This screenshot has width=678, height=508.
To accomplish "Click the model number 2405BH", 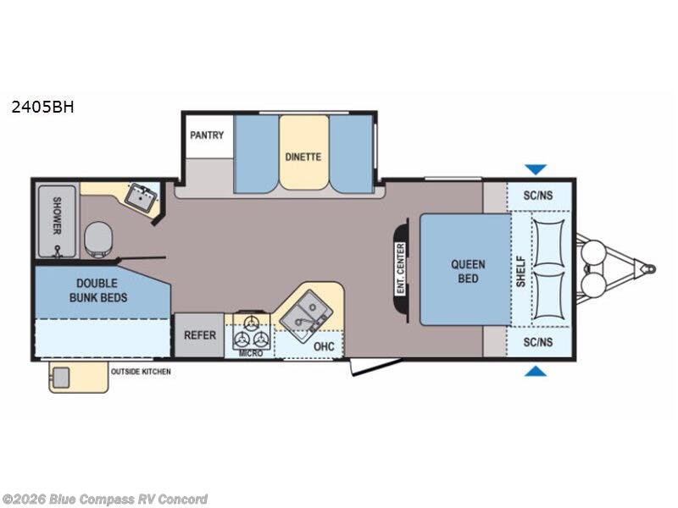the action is click(x=43, y=107).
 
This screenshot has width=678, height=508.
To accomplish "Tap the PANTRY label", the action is click(x=207, y=135).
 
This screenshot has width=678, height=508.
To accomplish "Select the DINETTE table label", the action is click(x=303, y=157).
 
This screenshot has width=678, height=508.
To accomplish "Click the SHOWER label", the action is click(x=57, y=216).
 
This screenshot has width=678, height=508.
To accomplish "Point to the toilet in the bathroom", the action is click(x=98, y=240).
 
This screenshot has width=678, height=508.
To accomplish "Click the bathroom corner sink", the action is click(x=141, y=198).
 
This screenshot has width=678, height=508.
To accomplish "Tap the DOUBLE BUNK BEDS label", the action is click(x=97, y=290).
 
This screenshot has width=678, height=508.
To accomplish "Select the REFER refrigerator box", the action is click(x=199, y=335).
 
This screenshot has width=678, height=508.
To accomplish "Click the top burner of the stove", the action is click(x=250, y=323).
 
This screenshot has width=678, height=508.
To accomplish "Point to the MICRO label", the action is click(x=251, y=353).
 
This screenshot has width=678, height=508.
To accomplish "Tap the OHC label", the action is click(x=324, y=346).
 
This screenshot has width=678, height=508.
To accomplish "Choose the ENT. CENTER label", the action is click(x=400, y=269).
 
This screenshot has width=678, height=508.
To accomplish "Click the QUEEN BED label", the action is click(x=468, y=271).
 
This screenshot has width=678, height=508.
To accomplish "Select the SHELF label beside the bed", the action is click(x=520, y=271).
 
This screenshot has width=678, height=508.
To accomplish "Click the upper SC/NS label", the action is click(x=538, y=196).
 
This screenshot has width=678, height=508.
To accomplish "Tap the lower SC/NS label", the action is click(x=538, y=342).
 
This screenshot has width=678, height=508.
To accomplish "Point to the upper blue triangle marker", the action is click(x=536, y=168).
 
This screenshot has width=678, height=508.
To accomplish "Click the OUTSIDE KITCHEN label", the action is click(x=141, y=372).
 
